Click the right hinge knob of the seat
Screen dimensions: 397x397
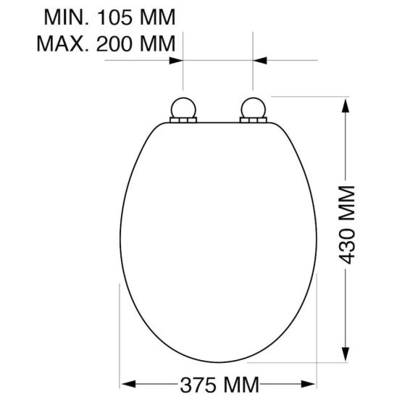click(252, 110)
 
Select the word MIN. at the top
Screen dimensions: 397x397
click(64, 15)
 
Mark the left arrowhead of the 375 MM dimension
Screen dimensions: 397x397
click(125, 382)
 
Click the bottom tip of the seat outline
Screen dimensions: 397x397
click(217, 362)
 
